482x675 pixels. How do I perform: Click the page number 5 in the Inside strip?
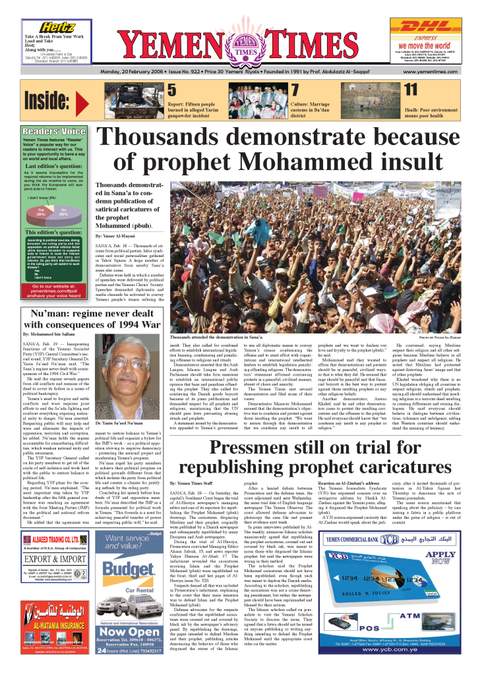(171, 90)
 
